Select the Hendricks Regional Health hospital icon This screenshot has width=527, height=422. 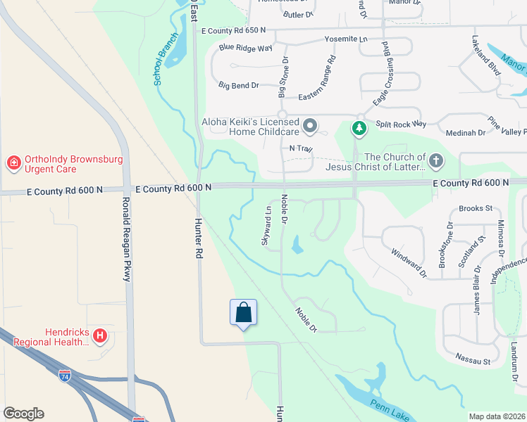coord(100,336)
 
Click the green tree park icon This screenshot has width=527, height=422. coord(359,128)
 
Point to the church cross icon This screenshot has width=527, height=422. coord(436,162)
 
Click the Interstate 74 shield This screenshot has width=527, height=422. coord(65,375)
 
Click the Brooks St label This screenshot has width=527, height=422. coord(471,208)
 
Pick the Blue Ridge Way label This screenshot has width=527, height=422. coord(245,48)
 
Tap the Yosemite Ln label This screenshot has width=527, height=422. coord(346,39)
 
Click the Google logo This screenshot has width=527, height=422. coord(23,414)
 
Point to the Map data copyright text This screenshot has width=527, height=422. coord(497,416)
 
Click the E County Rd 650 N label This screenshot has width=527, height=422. coord(233,30)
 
